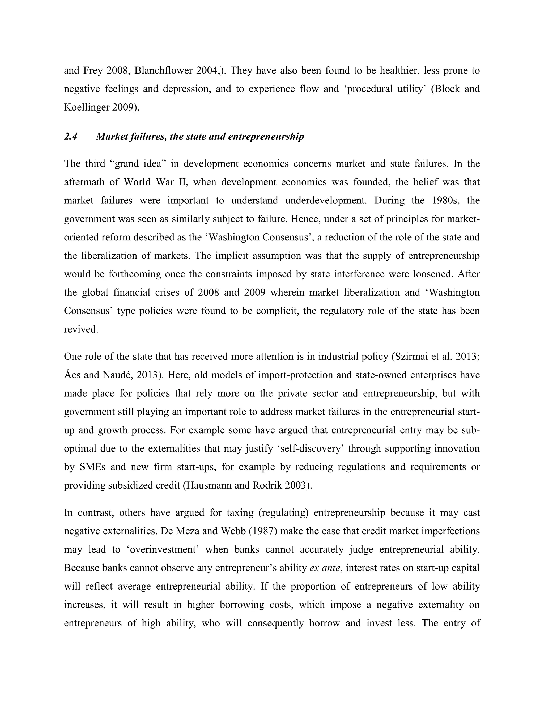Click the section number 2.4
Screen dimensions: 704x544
tap(71, 137)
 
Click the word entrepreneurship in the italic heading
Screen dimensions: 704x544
tap(266, 137)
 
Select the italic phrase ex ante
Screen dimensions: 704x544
tap(324, 568)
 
